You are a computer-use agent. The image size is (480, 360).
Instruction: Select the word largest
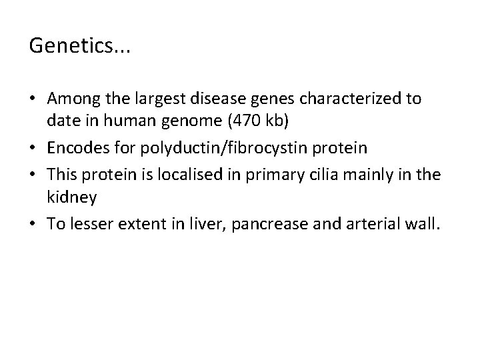(149, 99)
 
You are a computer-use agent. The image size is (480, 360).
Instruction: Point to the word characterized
(339, 99)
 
